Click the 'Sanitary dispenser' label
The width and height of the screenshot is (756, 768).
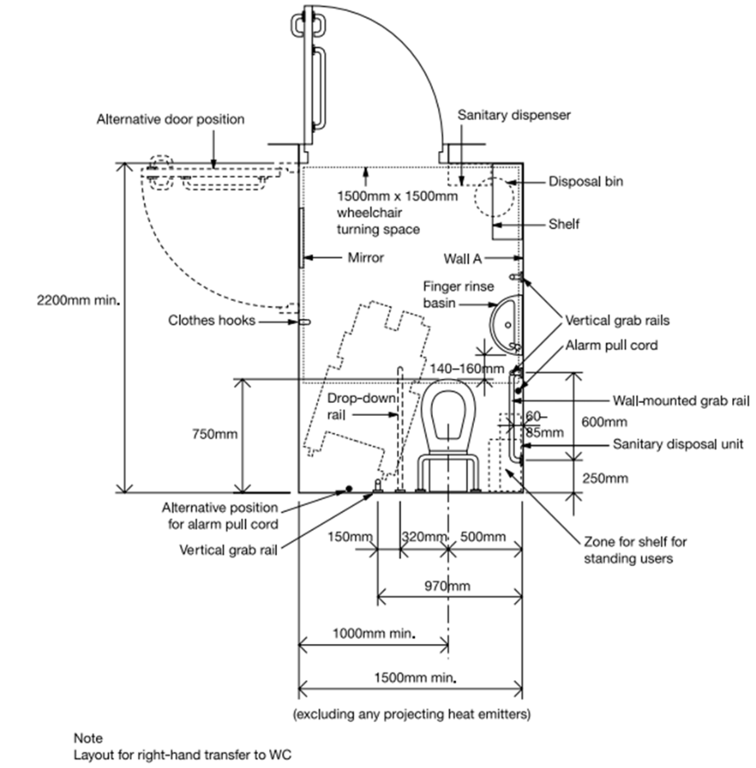tap(513, 115)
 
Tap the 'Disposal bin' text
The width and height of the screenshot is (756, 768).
tap(585, 181)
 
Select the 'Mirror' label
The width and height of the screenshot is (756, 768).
tap(366, 258)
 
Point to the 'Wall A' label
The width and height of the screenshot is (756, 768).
tap(462, 258)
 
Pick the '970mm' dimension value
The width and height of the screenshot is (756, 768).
tap(448, 586)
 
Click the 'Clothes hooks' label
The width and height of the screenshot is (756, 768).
tap(212, 321)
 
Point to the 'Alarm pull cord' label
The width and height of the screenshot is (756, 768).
tap(611, 345)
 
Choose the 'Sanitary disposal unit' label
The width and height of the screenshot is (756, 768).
tap(678, 444)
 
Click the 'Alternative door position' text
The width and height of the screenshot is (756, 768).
tap(171, 119)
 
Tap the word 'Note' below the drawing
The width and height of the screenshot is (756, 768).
tap(88, 738)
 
